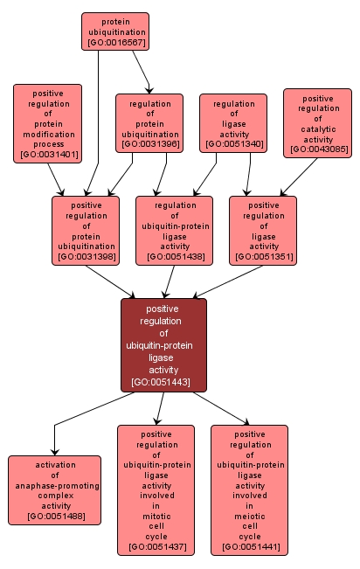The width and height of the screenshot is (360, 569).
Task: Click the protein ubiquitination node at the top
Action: click(x=115, y=31)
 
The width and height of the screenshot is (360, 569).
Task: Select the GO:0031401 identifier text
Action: click(x=47, y=155)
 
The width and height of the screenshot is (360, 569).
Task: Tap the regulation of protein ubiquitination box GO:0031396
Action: click(x=149, y=123)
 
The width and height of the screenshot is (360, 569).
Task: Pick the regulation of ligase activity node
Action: click(x=233, y=123)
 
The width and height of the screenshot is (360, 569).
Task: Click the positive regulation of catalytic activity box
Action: click(x=317, y=122)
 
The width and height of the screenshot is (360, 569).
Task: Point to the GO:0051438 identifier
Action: click(x=174, y=257)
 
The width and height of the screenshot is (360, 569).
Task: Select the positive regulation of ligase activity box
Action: click(x=263, y=229)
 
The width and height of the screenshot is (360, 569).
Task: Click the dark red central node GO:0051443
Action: click(x=163, y=344)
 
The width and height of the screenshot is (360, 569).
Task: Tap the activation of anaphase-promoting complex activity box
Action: click(x=55, y=489)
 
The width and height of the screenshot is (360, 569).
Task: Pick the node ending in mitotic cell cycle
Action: click(x=156, y=489)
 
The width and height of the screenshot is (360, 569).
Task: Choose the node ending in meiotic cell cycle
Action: click(x=249, y=489)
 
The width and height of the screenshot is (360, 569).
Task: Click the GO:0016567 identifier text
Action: click(x=115, y=42)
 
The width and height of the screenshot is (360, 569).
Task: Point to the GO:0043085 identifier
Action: click(x=318, y=149)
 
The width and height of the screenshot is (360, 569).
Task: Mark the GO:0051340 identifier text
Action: click(x=233, y=143)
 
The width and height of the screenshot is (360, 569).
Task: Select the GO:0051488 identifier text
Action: click(x=55, y=517)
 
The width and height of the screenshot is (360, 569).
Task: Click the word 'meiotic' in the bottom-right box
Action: click(x=249, y=517)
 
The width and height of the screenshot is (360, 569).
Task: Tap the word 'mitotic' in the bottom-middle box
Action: click(x=156, y=517)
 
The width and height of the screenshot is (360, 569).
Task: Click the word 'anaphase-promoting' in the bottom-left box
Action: click(x=55, y=485)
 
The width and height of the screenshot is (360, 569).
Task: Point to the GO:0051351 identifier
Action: click(x=263, y=257)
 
